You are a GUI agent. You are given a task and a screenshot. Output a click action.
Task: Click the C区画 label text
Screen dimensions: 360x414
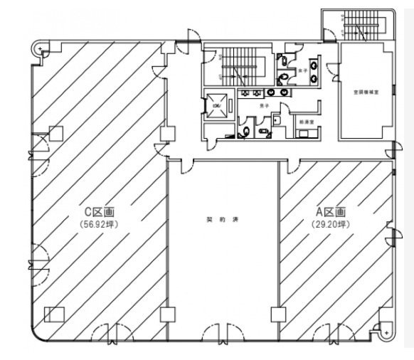point(100,211)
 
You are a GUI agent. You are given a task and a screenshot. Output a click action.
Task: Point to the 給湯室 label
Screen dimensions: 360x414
point(307,122)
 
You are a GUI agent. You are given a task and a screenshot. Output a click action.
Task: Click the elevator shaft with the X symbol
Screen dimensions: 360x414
point(216,106)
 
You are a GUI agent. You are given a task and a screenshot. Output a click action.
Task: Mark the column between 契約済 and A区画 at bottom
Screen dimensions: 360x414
point(277,314)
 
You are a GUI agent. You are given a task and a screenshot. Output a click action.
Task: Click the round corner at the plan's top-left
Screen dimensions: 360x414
point(40,48)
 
